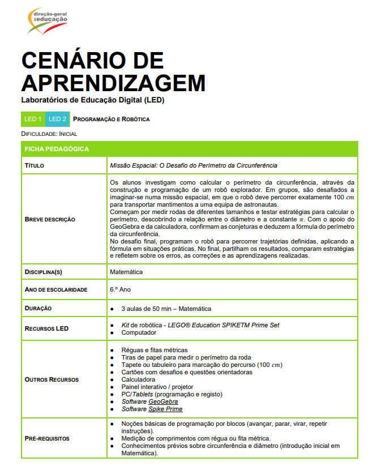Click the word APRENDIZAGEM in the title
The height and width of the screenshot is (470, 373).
pyautogui.click(x=113, y=83)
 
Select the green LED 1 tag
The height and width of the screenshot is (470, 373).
pyautogui.click(x=33, y=119)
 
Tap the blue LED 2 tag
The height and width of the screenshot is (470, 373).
pyautogui.click(x=58, y=119)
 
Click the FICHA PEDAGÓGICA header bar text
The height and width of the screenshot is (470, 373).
pyautogui.click(x=56, y=149)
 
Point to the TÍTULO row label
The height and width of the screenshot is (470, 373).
pyautogui.click(x=35, y=165)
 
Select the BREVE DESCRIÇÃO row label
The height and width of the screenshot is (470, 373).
pyautogui.click(x=50, y=219)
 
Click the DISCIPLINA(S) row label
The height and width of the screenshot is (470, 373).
pyautogui.click(x=43, y=272)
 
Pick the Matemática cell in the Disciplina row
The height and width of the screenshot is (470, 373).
pyautogui.click(x=126, y=272)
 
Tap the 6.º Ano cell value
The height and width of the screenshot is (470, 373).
pyautogui.click(x=121, y=289)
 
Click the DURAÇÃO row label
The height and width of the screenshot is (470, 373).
pyautogui.click(x=38, y=309)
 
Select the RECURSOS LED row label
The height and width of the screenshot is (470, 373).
pyautogui.click(x=46, y=328)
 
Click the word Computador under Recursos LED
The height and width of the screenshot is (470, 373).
pyautogui.click(x=139, y=332)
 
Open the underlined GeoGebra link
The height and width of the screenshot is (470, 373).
pyautogui.click(x=163, y=401)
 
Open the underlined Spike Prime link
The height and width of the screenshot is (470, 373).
pyautogui.click(x=165, y=409)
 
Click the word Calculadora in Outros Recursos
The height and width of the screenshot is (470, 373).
pyautogui.click(x=138, y=379)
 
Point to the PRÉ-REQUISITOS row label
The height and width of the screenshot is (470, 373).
pyautogui.click(x=47, y=438)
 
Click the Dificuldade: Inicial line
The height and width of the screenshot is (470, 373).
pyautogui.click(x=49, y=134)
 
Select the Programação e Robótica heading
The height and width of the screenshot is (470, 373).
pyautogui.click(x=112, y=119)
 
